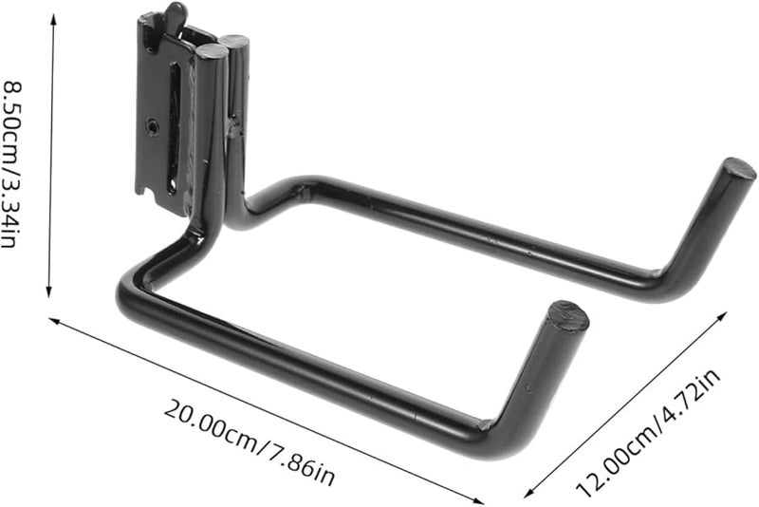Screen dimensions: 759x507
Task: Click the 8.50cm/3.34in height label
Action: (x=12, y=165)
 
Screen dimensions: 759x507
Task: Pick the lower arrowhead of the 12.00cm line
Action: (x=527, y=495)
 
